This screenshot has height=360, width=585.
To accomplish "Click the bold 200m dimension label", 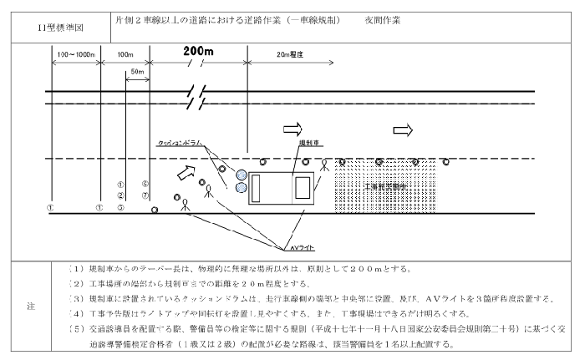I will pyautogui.click(x=198, y=52).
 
